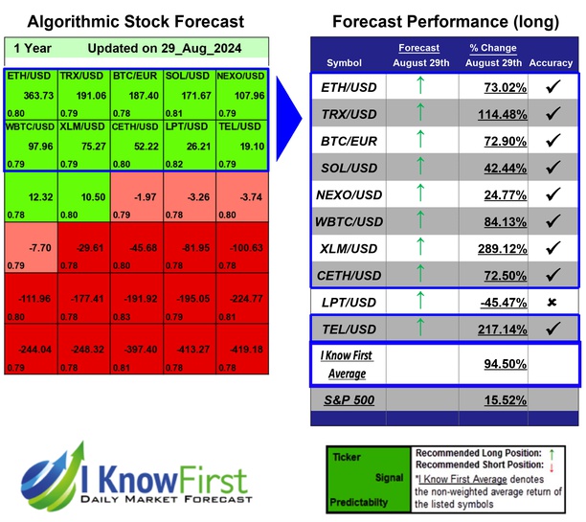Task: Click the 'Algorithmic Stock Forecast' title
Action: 135,21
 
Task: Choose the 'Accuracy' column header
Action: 551,62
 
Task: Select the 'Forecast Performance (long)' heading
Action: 445,21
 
